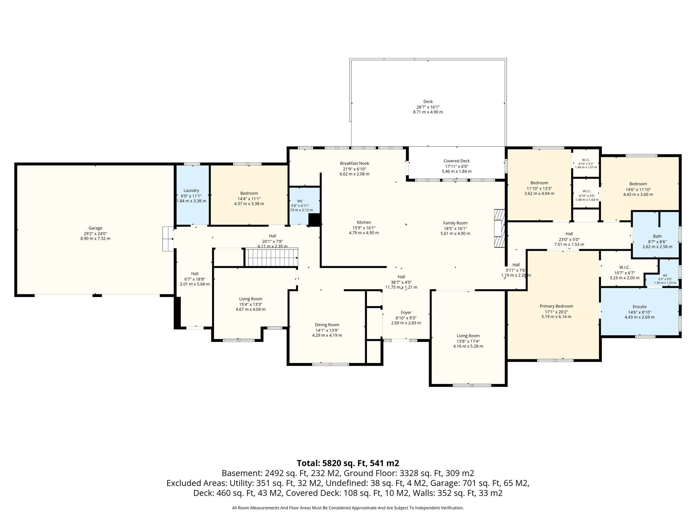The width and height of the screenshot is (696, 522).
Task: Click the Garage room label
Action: [x=95, y=228]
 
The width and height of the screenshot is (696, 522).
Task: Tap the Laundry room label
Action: [x=191, y=191]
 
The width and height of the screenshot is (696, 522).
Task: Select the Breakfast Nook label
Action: [x=354, y=163]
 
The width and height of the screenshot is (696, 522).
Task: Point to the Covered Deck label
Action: [x=457, y=161]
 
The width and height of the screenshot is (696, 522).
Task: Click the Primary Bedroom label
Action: [x=556, y=306]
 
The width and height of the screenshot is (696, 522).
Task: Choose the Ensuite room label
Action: [x=640, y=307]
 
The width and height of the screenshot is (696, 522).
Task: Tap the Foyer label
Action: [x=406, y=312]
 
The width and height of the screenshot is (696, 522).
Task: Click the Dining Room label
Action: [x=327, y=325]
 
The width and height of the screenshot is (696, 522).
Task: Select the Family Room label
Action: [x=455, y=223]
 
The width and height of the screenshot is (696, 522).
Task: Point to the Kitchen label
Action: [x=364, y=222]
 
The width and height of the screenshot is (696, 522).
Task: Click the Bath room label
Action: [x=657, y=236]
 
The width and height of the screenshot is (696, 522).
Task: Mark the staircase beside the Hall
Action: [x=272, y=257]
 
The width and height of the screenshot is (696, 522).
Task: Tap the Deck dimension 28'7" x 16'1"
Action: [x=428, y=107]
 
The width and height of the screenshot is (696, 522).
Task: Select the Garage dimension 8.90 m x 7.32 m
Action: [x=95, y=239]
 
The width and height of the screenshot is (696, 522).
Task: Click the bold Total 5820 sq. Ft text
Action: [x=348, y=463]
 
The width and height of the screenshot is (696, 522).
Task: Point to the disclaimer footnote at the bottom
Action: [x=348, y=508]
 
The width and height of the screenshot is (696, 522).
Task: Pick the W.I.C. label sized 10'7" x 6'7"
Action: [x=625, y=267]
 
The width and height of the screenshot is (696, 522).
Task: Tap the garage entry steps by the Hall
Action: [x=168, y=239]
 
